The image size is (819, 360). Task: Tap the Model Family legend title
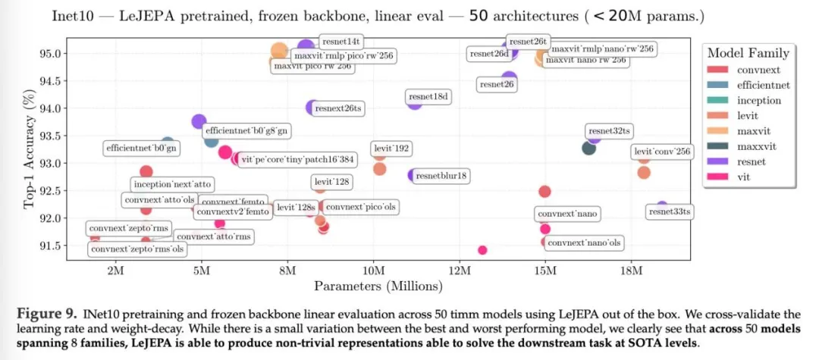click(x=748, y=53)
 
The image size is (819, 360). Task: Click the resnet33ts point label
click(x=670, y=212)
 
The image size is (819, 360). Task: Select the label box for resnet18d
click(x=429, y=97)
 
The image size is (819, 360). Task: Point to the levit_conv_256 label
click(x=662, y=152)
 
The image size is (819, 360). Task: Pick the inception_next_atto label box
click(x=172, y=184)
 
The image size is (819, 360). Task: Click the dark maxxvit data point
click(x=588, y=148)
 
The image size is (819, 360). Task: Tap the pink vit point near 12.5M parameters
click(x=482, y=250)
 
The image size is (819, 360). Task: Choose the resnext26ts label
click(x=338, y=109)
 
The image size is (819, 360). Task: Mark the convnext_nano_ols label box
click(x=584, y=243)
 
